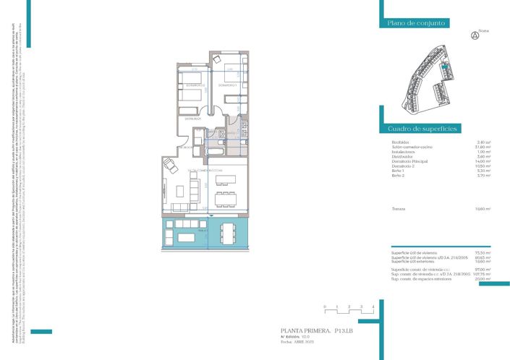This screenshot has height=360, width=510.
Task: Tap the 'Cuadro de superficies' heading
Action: coord(422,128)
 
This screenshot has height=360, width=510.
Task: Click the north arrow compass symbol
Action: coord(475,34)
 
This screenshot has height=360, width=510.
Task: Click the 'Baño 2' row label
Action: coord(398,176)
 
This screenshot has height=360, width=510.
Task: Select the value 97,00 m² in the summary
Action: coord(483,269)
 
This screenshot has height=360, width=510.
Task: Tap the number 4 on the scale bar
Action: coord(373,307)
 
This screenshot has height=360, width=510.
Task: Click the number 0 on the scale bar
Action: coord(326,307)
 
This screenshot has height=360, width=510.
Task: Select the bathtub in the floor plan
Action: coord(216,151)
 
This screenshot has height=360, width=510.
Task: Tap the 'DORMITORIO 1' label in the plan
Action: coord(229,85)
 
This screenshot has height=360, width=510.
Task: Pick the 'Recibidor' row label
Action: coord(399,142)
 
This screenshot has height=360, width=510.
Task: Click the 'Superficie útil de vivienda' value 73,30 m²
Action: coord(483,252)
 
